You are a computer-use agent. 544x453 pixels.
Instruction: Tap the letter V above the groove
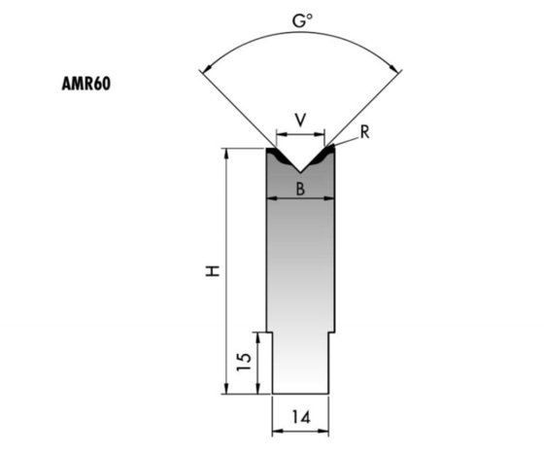[300, 120]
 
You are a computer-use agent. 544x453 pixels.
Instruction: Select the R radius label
[363, 132]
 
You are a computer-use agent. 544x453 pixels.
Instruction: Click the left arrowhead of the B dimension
[271, 197]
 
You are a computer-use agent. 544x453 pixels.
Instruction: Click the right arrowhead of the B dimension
[331, 197]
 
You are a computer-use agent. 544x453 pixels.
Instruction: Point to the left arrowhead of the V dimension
[280, 133]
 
